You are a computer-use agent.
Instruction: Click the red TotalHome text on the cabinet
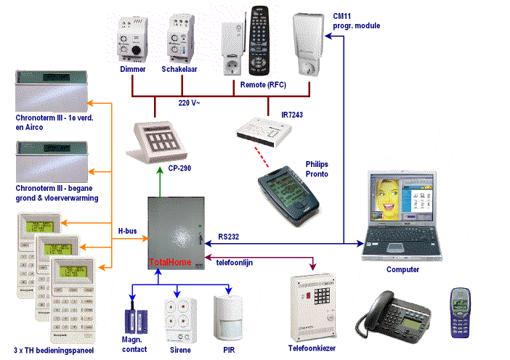coord(170,262)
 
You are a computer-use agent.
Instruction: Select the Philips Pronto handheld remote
coord(288,195)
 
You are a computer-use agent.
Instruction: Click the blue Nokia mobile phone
coord(461,313)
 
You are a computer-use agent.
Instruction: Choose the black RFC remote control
coord(259,41)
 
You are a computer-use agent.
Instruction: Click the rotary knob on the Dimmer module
coord(136,50)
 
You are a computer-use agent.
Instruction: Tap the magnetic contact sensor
coord(137,321)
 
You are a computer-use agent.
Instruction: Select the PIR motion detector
coord(229,318)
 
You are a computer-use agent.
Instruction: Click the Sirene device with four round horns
coord(180,321)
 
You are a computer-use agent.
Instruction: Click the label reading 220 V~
coord(189,103)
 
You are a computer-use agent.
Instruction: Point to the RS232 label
coord(228,237)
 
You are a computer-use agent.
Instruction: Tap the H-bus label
coord(127,231)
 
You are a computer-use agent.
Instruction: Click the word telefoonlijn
coord(235,263)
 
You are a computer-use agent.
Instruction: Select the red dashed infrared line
coord(262,157)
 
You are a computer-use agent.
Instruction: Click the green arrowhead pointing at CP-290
coord(160,171)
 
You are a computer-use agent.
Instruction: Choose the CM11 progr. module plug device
coord(307,44)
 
